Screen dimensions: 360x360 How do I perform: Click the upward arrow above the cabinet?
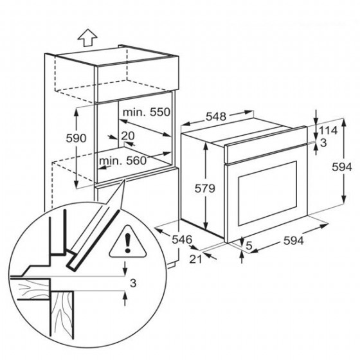[87, 38]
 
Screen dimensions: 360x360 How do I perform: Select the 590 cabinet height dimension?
[76, 138]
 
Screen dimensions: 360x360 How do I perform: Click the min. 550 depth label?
[147, 112]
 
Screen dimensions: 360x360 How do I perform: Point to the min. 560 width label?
[123, 161]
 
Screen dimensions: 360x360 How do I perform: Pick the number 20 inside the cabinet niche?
[128, 136]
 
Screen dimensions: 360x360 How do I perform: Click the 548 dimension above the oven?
[216, 116]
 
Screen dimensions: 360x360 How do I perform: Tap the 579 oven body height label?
[205, 189]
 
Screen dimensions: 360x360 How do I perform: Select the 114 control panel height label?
[328, 130]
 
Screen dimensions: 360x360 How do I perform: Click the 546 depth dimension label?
[182, 240]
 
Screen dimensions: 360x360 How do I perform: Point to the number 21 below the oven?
[195, 259]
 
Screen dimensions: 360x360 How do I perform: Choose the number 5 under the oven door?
[249, 246]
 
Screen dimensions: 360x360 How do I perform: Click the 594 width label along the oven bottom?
[293, 241]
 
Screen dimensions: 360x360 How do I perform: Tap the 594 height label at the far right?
[342, 167]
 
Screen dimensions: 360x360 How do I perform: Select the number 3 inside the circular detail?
[133, 283]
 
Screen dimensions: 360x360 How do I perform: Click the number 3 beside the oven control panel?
[323, 143]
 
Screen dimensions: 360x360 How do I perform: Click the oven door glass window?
[267, 194]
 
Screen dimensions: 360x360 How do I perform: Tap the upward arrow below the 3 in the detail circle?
[125, 299]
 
